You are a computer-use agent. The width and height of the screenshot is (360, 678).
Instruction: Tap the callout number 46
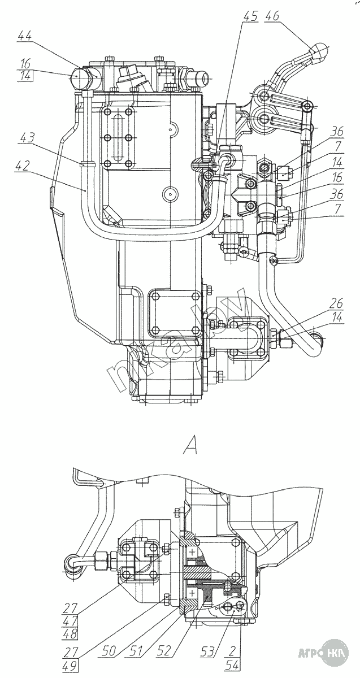tap(272, 16)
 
